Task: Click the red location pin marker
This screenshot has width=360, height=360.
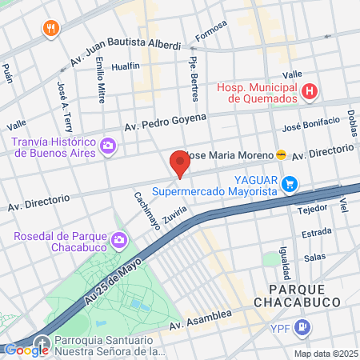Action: coord(179,164)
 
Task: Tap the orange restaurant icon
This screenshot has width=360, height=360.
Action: coord(52,29)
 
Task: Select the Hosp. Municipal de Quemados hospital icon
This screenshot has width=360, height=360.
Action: coord(310,93)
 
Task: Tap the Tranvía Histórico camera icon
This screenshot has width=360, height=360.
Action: coord(108,146)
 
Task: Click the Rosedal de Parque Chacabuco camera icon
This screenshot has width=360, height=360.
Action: coord(119,239)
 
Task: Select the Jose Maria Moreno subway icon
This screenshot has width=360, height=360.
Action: coord(281,154)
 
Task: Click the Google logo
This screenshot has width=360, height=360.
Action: coord(27,350)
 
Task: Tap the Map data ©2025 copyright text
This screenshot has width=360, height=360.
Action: coord(325,353)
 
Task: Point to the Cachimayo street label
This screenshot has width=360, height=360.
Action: coord(147,210)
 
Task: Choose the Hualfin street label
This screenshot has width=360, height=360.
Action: coord(126,66)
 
